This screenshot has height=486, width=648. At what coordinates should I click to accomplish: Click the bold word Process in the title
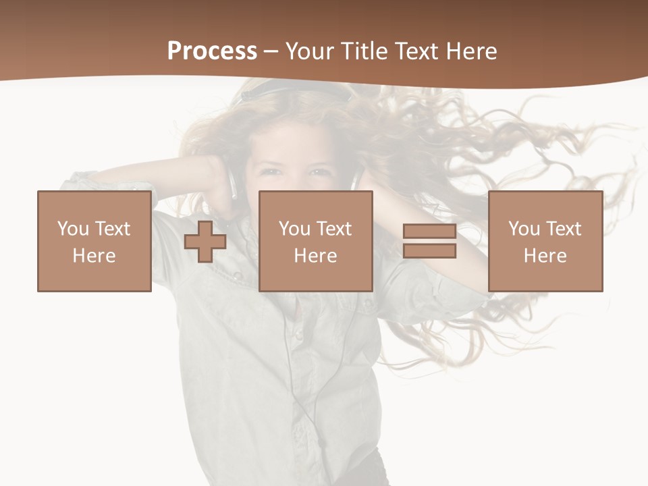(212, 51)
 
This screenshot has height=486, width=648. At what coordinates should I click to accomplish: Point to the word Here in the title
(472, 51)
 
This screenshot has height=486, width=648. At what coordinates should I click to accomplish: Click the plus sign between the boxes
(205, 242)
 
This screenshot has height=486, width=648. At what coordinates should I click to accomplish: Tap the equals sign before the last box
(429, 241)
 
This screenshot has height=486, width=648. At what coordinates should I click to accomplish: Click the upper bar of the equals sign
(429, 232)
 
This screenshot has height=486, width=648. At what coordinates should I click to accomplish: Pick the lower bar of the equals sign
(429, 250)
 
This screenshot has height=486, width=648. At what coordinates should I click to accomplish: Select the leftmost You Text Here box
(94, 242)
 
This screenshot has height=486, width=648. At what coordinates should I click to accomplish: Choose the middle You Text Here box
(315, 242)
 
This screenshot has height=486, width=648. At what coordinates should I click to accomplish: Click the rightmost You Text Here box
(545, 242)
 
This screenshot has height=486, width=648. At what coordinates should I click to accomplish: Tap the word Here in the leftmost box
(94, 256)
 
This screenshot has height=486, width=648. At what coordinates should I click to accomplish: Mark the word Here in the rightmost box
(545, 256)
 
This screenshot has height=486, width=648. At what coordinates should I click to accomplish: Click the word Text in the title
(416, 51)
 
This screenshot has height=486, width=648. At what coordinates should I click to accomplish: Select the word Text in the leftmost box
(112, 229)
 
